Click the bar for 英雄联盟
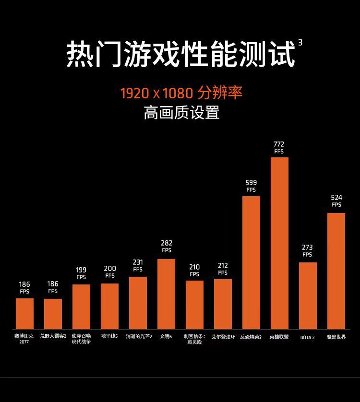coord(279,243)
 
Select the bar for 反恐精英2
coord(251,262)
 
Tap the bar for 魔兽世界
coord(336,271)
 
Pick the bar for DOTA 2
coord(308,296)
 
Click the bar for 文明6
coord(166,294)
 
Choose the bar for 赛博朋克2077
coord(24,313)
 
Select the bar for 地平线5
coord(109,306)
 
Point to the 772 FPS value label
coord(279,147)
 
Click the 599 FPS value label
coord(251,186)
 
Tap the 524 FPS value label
coord(336,201)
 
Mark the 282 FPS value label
coord(167,246)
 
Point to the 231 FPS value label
coord(138,265)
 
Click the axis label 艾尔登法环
coord(223,337)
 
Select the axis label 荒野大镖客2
coord(53,337)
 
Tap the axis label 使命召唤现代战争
coord(81,339)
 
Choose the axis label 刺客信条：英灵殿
coord(194,339)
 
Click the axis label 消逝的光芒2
coord(139,337)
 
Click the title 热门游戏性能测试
coord(180,54)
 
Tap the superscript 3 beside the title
coord(300,43)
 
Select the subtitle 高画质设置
coord(181,112)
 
